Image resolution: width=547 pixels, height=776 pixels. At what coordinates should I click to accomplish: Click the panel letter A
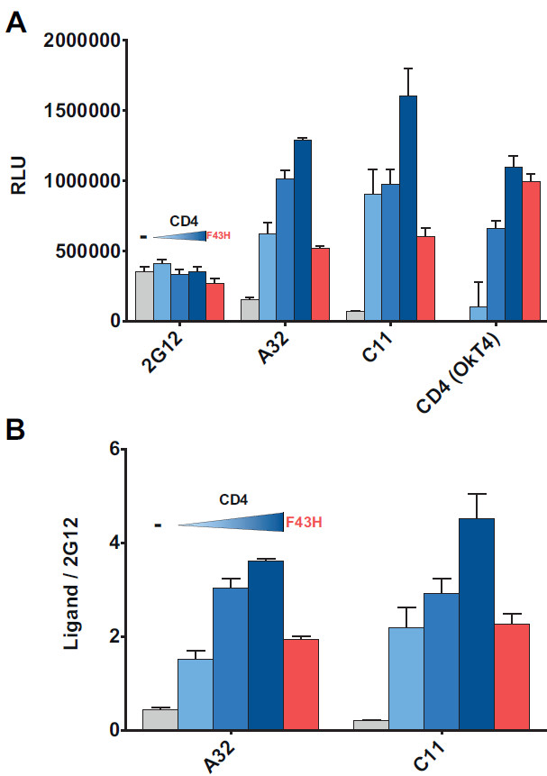coord(16,22)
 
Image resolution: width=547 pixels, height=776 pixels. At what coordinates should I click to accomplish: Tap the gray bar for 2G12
coord(144,296)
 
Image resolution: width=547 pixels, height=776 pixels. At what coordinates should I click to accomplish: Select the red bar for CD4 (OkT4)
coord(531,251)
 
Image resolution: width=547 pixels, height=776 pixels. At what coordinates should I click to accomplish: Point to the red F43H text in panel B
coord(302,521)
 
